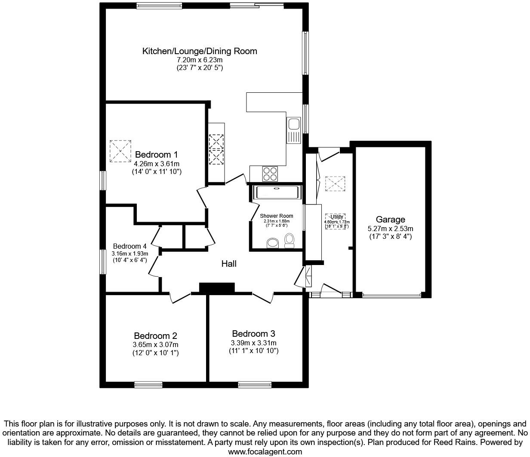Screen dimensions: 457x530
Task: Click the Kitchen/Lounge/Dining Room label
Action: pos(200,51)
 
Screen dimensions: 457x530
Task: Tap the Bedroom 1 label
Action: pos(157,155)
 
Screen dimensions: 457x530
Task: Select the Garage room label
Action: pos(391,219)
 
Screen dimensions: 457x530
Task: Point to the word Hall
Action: pos(229,264)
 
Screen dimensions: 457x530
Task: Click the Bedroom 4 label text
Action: pos(130,246)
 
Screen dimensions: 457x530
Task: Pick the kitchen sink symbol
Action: pos(294,125)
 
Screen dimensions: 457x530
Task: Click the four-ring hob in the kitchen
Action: pos(270,174)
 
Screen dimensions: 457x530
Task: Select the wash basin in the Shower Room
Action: pos(273,244)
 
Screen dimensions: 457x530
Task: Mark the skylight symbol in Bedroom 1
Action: pos(120,151)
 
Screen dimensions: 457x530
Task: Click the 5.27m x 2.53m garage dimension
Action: pos(391,228)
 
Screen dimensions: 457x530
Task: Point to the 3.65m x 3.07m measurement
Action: pos(155,344)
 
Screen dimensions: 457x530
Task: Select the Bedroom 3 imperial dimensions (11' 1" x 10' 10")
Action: pos(253,351)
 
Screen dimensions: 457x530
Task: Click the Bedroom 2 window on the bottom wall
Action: pos(148,384)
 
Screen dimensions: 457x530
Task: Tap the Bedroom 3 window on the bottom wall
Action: pos(255,384)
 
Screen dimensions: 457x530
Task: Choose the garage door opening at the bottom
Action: pos(391,295)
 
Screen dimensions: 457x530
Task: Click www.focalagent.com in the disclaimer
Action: pos(265,451)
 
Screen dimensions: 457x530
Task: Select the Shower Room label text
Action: pos(277,216)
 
